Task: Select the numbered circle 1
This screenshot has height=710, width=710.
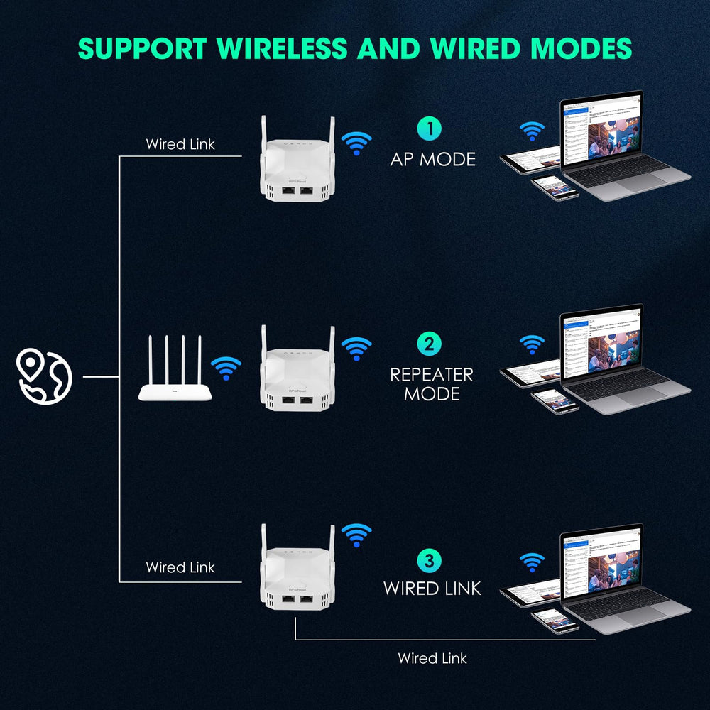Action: point(429,129)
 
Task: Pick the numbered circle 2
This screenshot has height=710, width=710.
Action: point(429,344)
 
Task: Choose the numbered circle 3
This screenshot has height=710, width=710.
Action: point(429,560)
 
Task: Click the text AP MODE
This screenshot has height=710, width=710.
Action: point(432,159)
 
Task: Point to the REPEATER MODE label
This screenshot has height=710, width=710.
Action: point(431,383)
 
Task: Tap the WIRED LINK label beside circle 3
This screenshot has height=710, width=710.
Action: point(432,588)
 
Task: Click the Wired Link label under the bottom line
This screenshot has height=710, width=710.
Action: point(432,658)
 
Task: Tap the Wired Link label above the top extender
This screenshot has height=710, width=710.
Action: point(180,144)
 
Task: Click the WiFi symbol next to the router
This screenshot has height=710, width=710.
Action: point(226,368)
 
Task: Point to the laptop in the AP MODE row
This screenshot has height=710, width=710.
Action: point(618,146)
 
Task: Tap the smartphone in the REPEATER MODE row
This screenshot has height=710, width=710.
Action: point(555,400)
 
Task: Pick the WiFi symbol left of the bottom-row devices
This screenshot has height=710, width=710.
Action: point(531,562)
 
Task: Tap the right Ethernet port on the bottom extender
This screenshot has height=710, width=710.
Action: point(307,599)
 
